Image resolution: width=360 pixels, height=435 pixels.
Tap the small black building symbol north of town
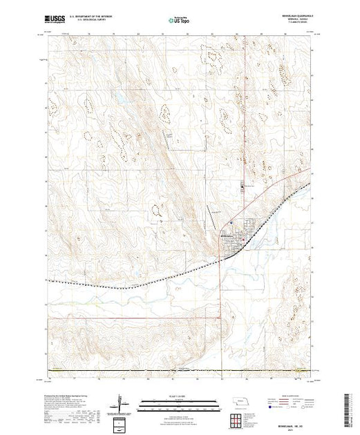tap(241, 186)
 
